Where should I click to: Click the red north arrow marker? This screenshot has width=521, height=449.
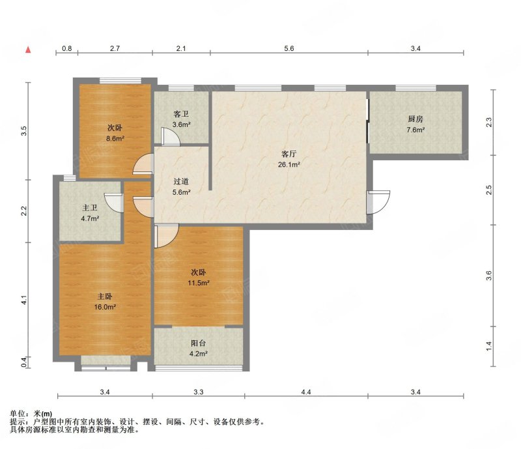(x=29, y=50)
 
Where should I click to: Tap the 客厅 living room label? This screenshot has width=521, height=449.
(x=289, y=154)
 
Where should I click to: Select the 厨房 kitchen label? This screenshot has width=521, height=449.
(x=415, y=119)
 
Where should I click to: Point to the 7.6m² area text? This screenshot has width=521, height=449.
(x=415, y=130)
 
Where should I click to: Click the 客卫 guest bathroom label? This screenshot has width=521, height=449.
(x=181, y=114)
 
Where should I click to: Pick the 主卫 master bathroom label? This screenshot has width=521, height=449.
(x=90, y=208)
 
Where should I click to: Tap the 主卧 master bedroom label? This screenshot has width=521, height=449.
(x=105, y=296)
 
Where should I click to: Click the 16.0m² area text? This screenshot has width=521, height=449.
(x=105, y=307)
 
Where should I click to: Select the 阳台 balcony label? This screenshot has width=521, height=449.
(x=199, y=343)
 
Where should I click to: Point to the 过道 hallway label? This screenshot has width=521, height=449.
(x=181, y=181)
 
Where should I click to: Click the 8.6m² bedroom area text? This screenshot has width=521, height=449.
(x=115, y=139)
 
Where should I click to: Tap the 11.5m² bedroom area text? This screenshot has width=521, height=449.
(x=199, y=283)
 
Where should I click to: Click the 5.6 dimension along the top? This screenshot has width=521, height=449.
(x=289, y=49)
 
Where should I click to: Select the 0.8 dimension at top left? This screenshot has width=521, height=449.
(x=67, y=49)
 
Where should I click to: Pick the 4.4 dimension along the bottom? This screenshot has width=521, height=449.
(x=306, y=392)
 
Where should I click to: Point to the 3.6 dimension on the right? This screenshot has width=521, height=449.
(x=488, y=276)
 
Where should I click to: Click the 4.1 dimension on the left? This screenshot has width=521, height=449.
(x=24, y=300)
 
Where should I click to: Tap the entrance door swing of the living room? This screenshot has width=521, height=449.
(x=378, y=202)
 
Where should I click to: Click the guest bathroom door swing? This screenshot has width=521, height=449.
(x=171, y=136)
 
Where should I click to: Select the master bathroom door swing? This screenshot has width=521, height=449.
(x=114, y=202)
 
